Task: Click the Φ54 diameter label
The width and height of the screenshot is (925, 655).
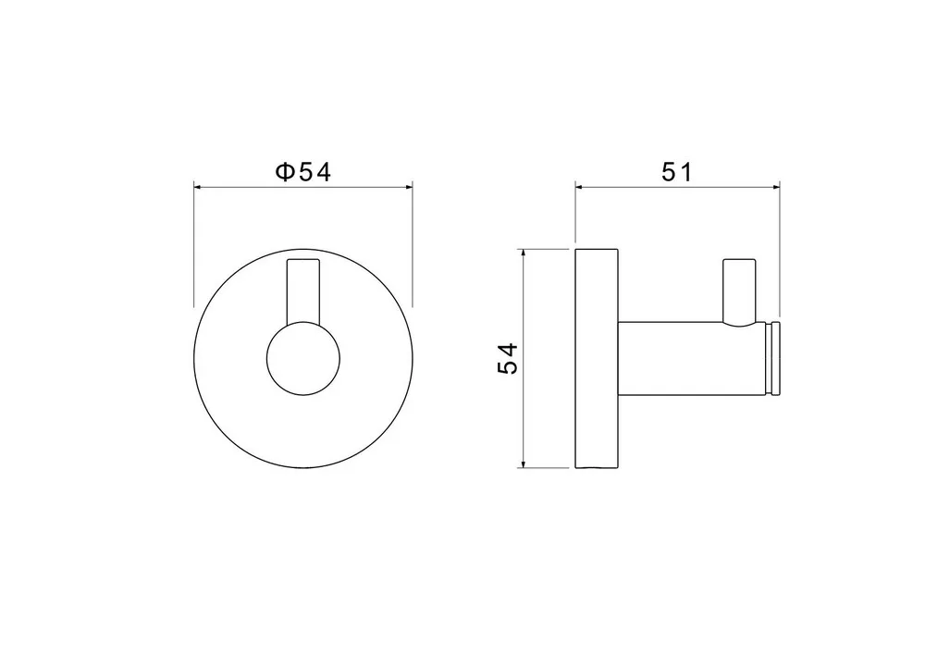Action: tap(303, 172)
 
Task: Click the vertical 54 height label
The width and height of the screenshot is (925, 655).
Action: tap(508, 358)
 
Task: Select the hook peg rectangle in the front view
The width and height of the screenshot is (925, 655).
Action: tap(303, 291)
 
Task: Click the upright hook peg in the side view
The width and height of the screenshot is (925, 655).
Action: tap(739, 291)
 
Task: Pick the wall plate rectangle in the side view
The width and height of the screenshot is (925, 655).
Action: tap(597, 359)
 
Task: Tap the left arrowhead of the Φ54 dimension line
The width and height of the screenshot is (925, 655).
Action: tap(198, 187)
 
